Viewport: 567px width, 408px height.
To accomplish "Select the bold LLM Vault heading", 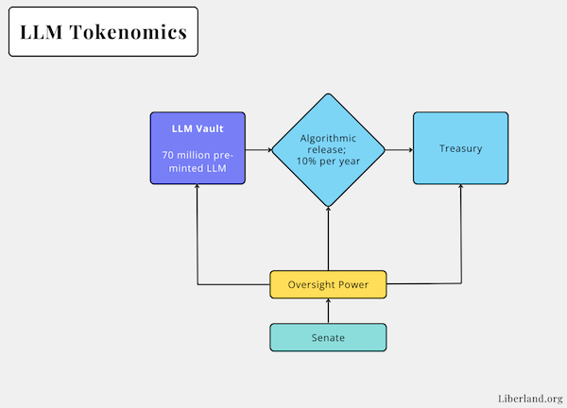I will pyautogui.click(x=198, y=128).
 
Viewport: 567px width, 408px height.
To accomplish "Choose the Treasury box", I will pyautogui.click(x=460, y=149).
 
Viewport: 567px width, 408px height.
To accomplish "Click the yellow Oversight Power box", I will pyautogui.click(x=328, y=283).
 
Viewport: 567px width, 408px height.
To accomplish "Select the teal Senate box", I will pyautogui.click(x=328, y=337).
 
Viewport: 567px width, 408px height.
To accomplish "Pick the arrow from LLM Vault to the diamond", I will pyautogui.click(x=258, y=149).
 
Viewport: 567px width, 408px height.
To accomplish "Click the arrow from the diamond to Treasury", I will pyautogui.click(x=399, y=149).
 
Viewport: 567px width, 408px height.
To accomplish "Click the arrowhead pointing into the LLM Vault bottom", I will pyautogui.click(x=198, y=187).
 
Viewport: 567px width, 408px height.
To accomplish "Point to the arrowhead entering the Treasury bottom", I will pyautogui.click(x=461, y=188).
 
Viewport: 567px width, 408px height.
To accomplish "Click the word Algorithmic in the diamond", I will pyautogui.click(x=328, y=138).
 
